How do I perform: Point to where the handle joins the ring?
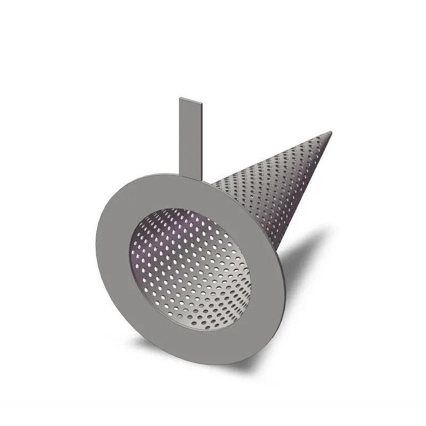tap(191, 173)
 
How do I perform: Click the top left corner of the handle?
tap(181, 98)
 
